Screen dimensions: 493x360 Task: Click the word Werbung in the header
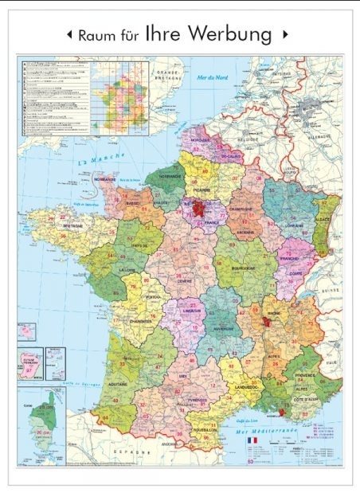[x=232, y=34]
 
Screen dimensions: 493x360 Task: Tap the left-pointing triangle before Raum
[x=69, y=35]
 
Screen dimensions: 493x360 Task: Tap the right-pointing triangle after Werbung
[x=285, y=35]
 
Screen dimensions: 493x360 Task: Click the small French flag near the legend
[x=252, y=440]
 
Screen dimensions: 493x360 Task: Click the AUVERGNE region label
[x=222, y=327]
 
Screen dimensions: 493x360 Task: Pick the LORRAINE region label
[x=292, y=225]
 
